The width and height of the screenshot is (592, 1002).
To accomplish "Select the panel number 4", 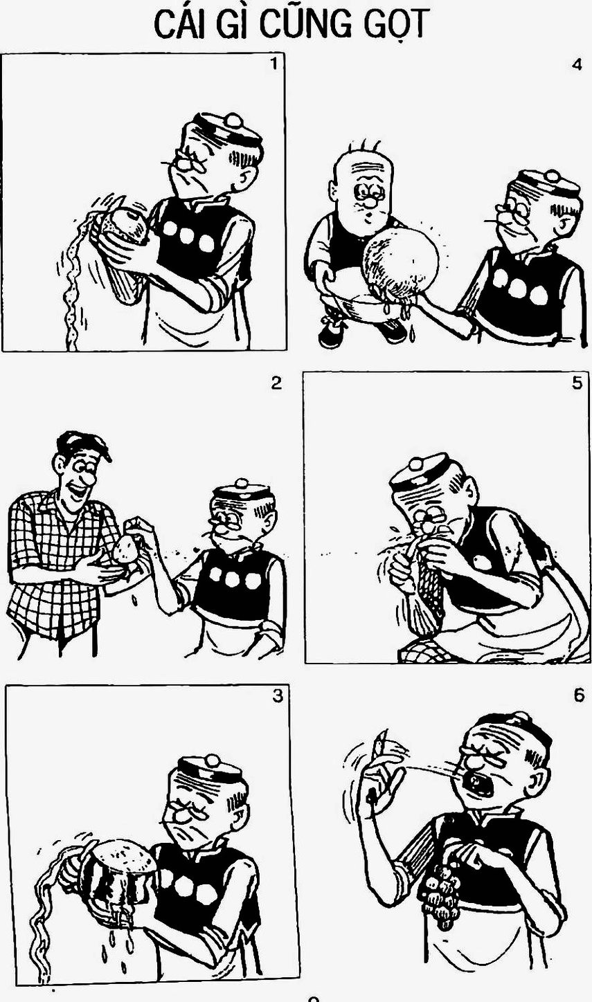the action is pos(577,65).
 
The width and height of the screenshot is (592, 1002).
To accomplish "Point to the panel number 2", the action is pos(276,383).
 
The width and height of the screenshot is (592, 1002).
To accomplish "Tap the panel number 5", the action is pos(577,383).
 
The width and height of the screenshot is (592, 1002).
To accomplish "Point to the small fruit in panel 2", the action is pos(125,549).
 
